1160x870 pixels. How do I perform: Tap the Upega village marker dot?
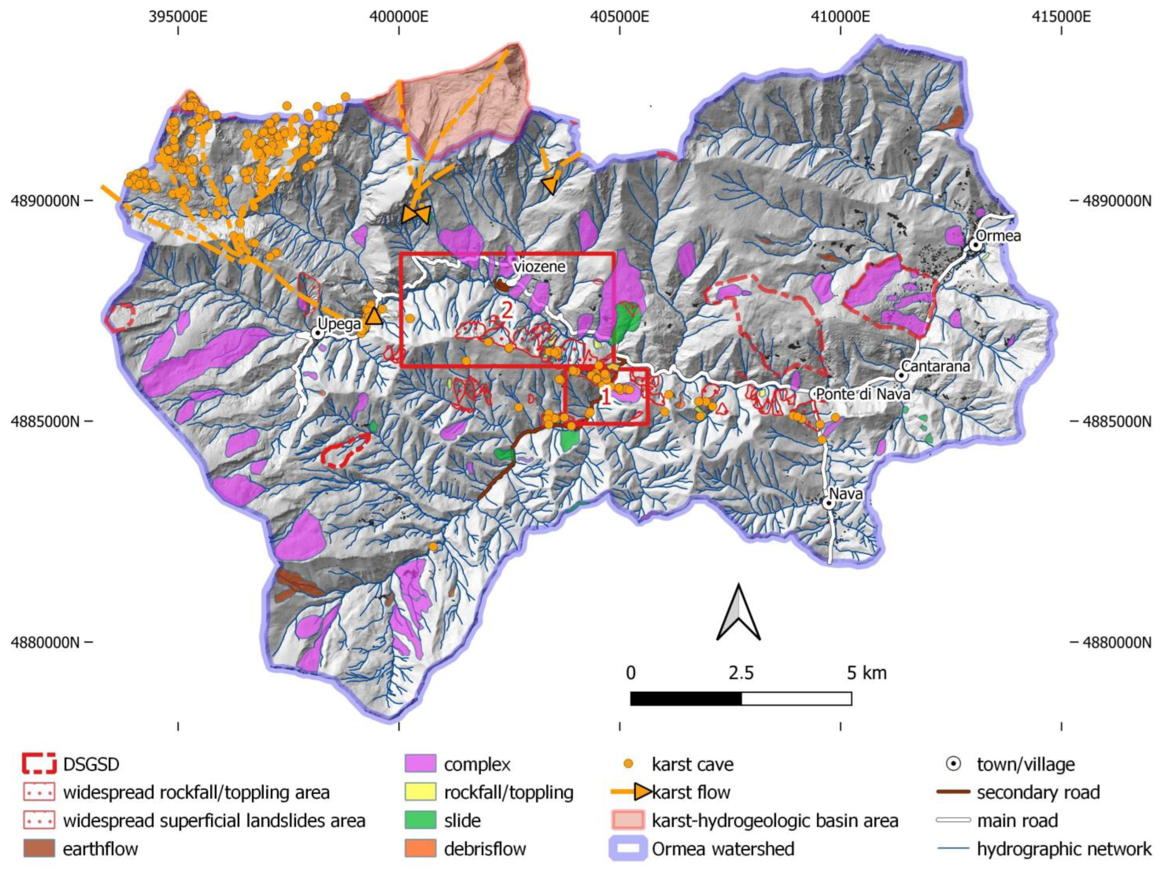(x=317, y=333)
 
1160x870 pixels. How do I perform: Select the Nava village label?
(x=845, y=494)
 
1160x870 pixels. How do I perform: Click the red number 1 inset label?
(x=605, y=397)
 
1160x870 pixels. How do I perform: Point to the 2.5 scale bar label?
(x=741, y=673)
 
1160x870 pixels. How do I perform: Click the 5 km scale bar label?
(x=866, y=673)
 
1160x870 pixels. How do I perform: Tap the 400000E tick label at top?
(x=398, y=17)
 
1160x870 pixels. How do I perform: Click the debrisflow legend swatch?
(x=420, y=848)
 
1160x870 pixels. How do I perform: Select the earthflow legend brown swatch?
(x=39, y=848)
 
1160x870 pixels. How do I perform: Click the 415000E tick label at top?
(x=1061, y=17)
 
